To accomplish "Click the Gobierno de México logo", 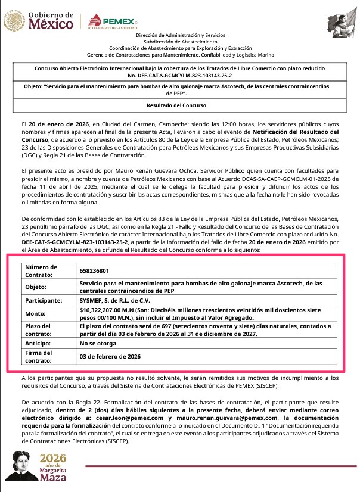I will pos(39,22).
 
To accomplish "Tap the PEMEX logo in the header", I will pos(113,23).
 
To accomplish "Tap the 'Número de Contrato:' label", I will pos(41,271).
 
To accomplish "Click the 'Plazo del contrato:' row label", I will pos(39,330).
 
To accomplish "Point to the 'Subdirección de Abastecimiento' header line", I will pos(179,42).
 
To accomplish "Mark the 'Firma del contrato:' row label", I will pos(38,357).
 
